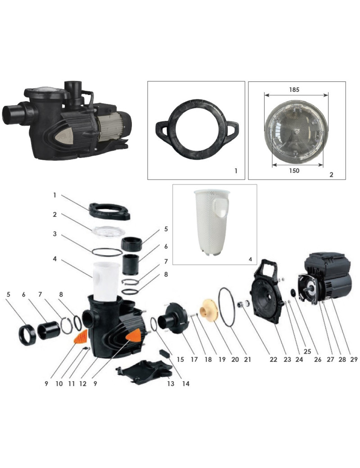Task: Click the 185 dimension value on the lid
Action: [x=294, y=90]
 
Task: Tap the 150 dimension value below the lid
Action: [x=294, y=171]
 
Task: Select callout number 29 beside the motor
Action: [x=354, y=360]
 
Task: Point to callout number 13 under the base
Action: [x=171, y=383]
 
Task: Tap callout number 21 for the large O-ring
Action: [x=247, y=360]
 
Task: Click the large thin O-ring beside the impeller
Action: [x=227, y=307]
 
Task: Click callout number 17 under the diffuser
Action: [x=194, y=360]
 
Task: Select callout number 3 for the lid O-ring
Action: [x=54, y=234]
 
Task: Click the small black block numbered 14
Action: [x=165, y=354]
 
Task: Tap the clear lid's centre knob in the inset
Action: [x=296, y=131]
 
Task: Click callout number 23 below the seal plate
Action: [x=287, y=360]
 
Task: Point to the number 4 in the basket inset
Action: [x=251, y=259]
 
